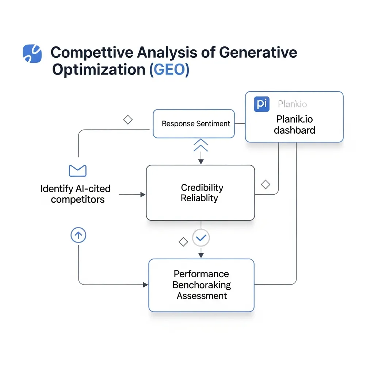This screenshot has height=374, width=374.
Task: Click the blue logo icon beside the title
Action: pyautogui.click(x=32, y=53)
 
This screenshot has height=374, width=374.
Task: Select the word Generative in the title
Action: pyautogui.click(x=258, y=53)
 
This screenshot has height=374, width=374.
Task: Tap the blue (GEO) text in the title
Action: pyautogui.click(x=169, y=69)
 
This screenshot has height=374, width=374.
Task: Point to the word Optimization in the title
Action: pyautogui.click(x=99, y=69)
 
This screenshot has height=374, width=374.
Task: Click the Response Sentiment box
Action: pyautogui.click(x=194, y=124)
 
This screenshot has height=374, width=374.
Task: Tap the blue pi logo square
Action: pyautogui.click(x=261, y=104)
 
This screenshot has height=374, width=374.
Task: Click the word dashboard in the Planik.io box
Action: pyautogui.click(x=294, y=130)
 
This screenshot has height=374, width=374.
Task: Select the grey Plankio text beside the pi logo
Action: pyautogui.click(x=292, y=104)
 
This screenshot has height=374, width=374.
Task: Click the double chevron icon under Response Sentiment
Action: pyautogui.click(x=201, y=145)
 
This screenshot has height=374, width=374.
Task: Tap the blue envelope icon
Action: pyautogui.click(x=77, y=171)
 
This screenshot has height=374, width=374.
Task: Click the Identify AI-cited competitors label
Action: pyautogui.click(x=76, y=194)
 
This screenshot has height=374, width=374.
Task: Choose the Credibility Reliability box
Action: pyautogui.click(x=200, y=193)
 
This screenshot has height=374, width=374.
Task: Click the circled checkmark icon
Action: pyautogui.click(x=201, y=238)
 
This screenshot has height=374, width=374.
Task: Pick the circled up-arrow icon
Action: pyautogui.click(x=78, y=236)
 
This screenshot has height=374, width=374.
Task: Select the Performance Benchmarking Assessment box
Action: pyautogui.click(x=201, y=285)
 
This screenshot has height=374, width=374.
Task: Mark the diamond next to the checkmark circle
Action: pyautogui.click(x=183, y=241)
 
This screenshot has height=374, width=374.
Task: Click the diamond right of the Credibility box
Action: pyautogui.click(x=266, y=184)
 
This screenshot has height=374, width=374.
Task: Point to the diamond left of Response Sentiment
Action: pyautogui.click(x=127, y=120)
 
